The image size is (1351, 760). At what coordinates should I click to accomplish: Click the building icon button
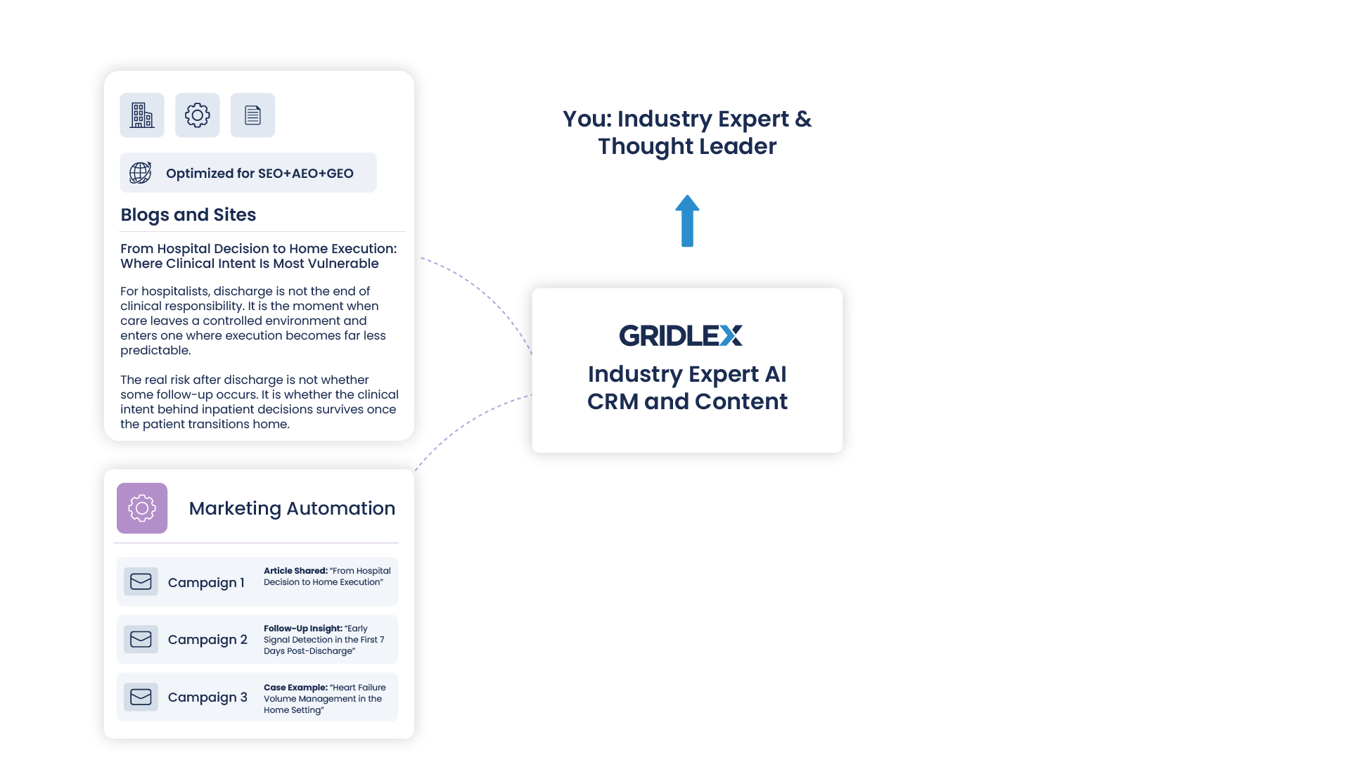(142, 115)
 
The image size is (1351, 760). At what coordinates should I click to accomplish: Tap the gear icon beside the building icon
(197, 115)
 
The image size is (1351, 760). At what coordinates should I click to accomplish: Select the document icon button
(252, 115)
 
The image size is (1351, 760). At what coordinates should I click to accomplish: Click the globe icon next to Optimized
(140, 173)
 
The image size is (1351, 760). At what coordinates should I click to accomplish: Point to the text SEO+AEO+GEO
(305, 174)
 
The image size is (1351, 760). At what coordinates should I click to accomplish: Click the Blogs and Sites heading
(188, 215)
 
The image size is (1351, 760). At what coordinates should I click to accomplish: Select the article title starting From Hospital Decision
(258, 256)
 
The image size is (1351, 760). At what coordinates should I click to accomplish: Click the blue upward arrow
(687, 221)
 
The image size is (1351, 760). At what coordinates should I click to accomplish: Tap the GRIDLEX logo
(680, 335)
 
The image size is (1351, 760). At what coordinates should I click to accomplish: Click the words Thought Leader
(687, 146)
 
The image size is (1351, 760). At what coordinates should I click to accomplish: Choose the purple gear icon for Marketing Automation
(142, 508)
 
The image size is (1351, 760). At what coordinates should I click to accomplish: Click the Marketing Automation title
(292, 508)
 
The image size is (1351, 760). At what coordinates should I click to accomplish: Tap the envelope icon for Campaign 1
(141, 582)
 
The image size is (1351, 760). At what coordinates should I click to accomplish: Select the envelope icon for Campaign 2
(141, 640)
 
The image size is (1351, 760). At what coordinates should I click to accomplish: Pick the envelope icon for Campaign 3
(141, 697)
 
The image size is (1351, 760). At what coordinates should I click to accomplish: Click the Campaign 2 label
(207, 640)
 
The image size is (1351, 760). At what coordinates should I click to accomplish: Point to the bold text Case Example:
(295, 688)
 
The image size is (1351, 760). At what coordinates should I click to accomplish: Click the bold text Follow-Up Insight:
(302, 629)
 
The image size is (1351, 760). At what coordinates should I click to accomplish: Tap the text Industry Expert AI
(687, 374)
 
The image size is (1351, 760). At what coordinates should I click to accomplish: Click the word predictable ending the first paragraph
(155, 350)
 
